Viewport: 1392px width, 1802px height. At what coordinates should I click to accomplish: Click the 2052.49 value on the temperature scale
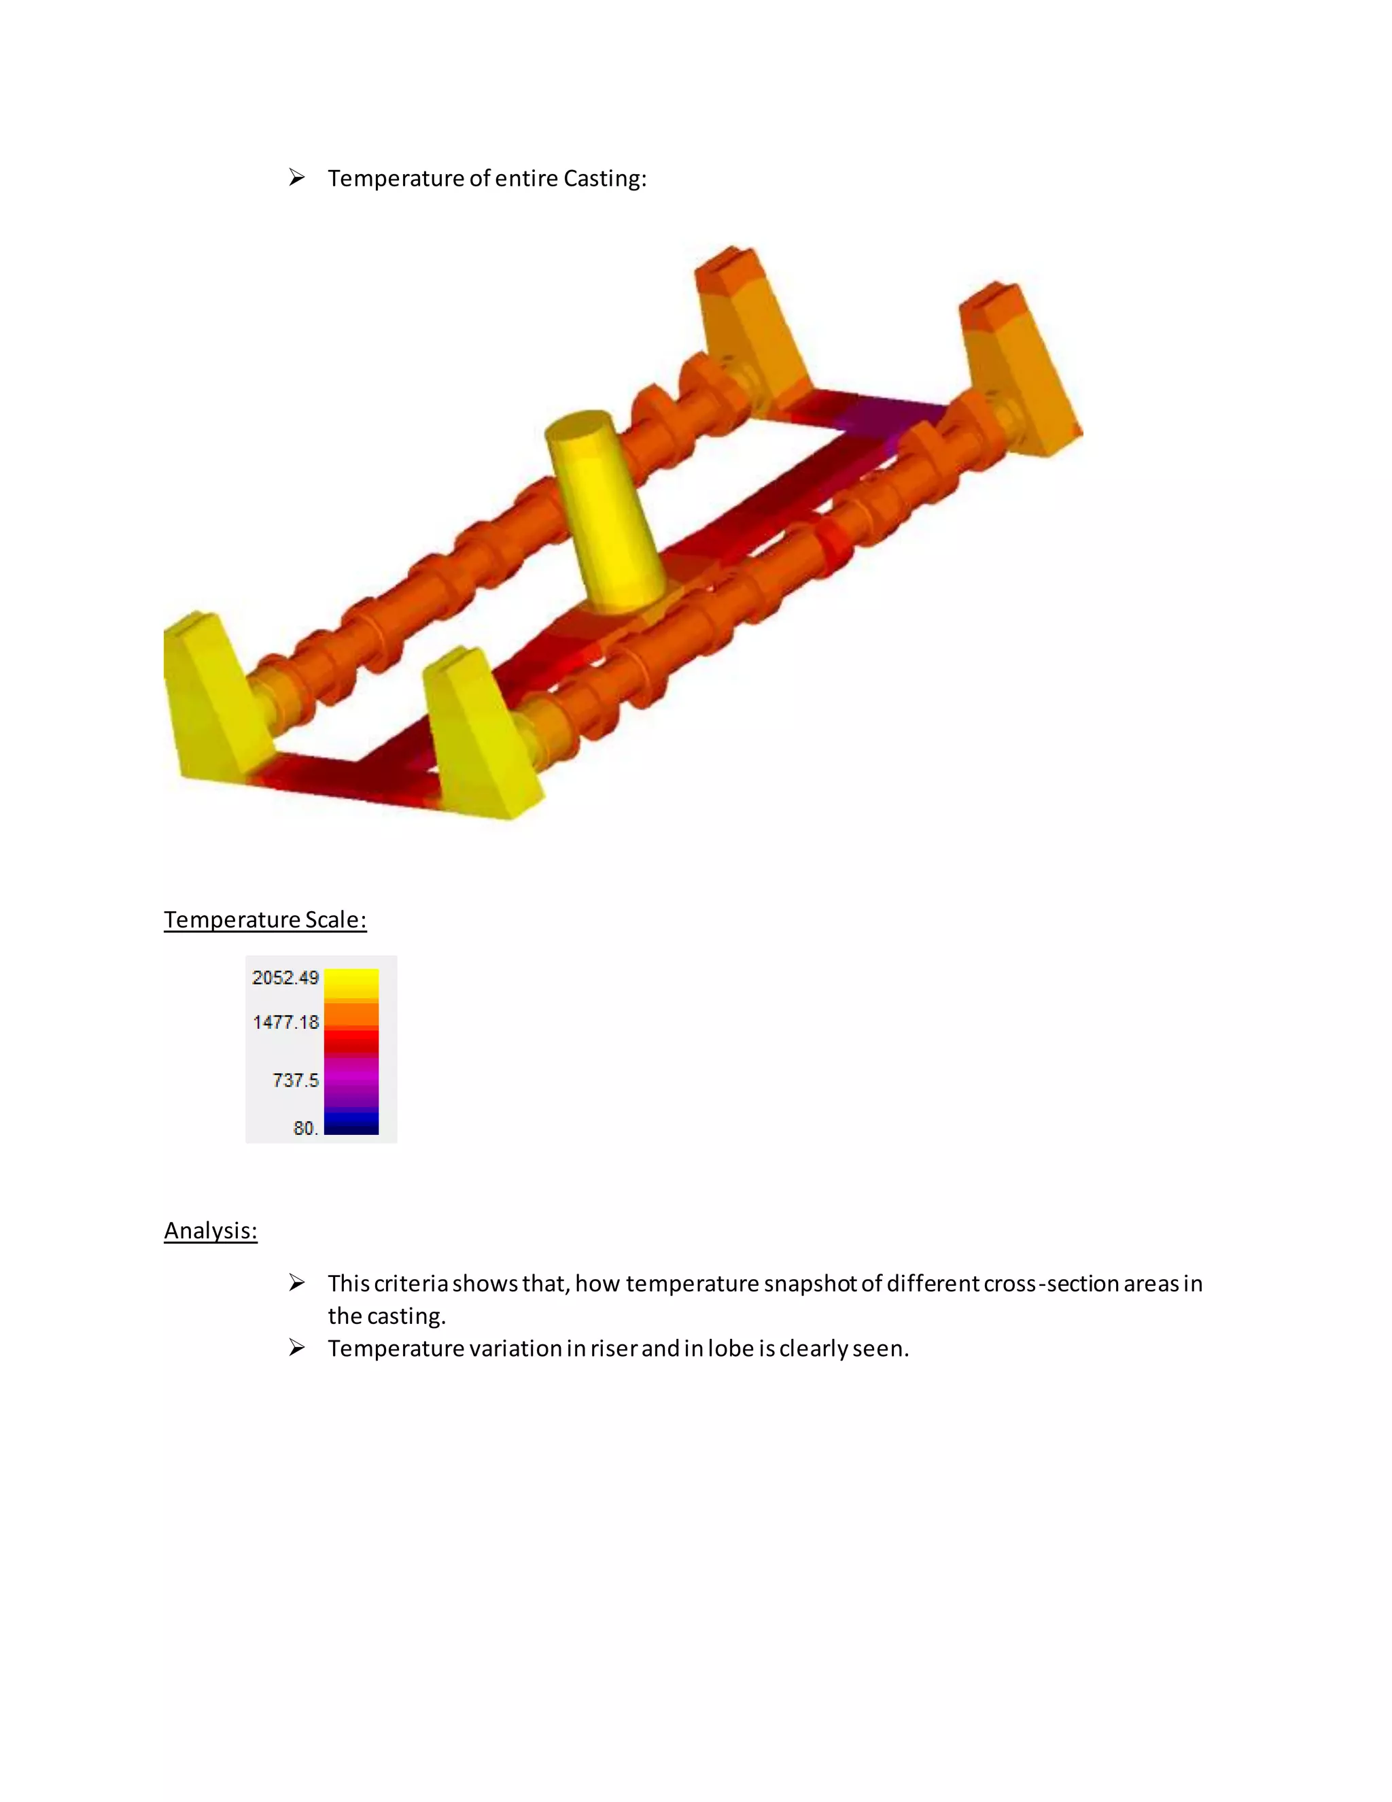point(285,978)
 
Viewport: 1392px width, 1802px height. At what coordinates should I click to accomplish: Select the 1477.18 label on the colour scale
point(285,1022)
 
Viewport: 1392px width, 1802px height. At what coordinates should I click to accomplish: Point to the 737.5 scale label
point(295,1080)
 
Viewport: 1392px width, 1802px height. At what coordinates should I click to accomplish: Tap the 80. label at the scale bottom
point(305,1128)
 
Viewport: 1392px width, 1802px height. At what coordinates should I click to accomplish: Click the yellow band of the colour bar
point(351,983)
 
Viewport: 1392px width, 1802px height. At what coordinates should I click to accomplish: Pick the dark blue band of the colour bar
point(351,1124)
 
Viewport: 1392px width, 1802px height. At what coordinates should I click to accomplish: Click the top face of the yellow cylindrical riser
point(580,426)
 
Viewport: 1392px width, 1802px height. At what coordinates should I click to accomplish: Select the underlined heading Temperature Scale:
point(264,919)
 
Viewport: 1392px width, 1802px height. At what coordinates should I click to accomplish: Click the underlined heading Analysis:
point(210,1230)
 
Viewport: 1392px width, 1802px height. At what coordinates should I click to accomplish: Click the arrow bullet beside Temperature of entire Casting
point(297,177)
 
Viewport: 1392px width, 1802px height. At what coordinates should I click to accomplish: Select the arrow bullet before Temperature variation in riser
point(297,1347)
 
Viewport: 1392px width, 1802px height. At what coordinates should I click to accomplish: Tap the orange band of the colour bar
point(351,1014)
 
